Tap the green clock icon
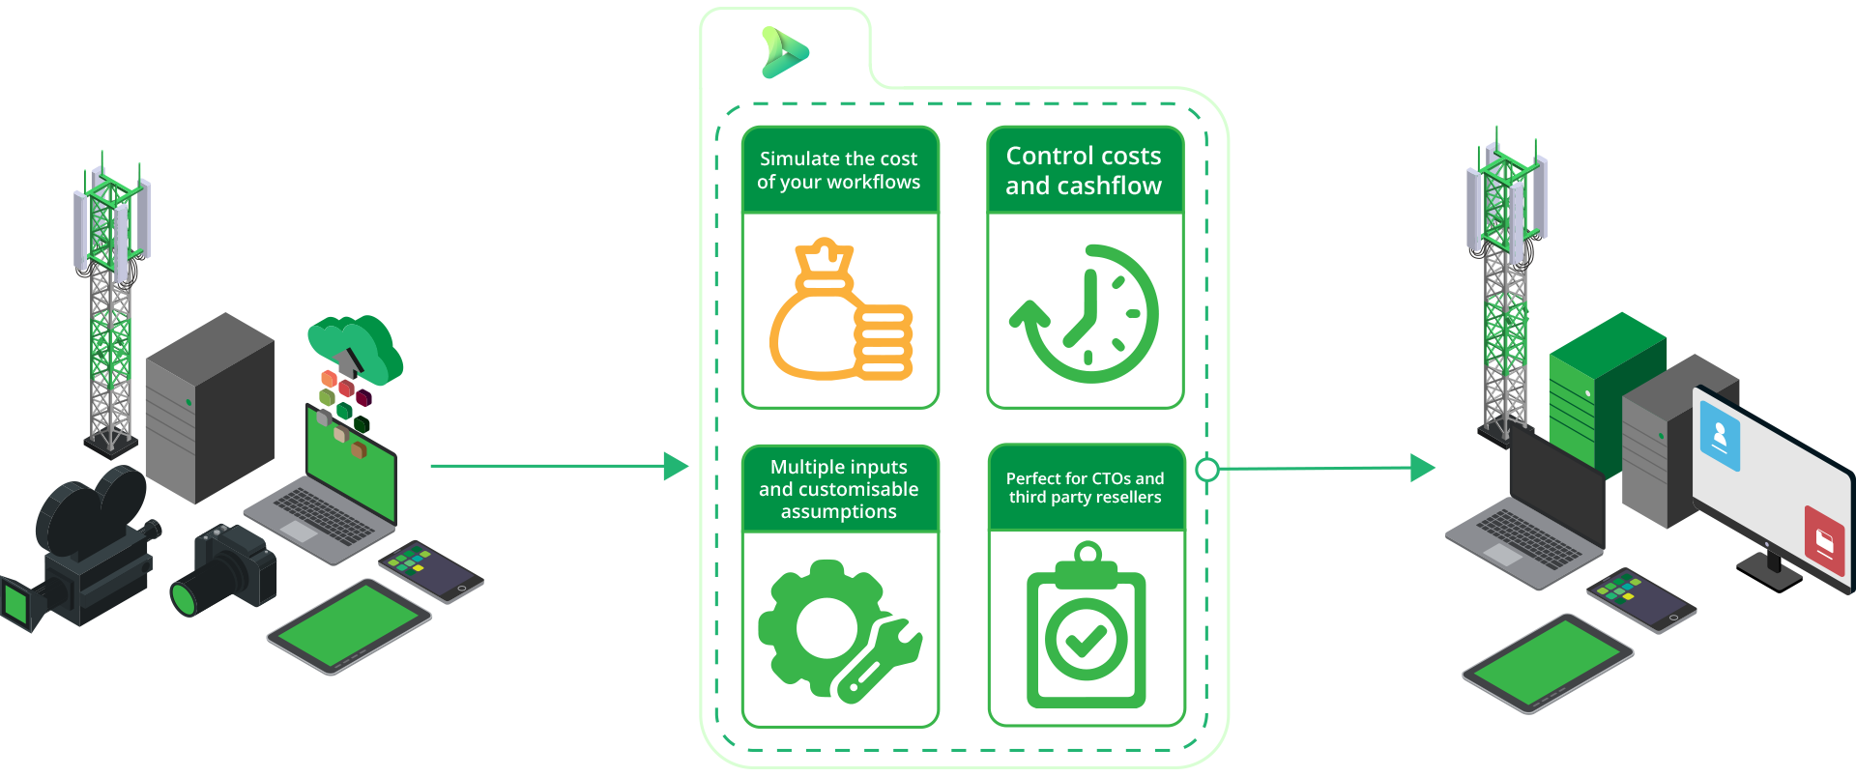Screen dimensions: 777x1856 [x=1085, y=313]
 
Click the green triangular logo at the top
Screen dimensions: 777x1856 [x=784, y=52]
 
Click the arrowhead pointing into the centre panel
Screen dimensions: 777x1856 [x=677, y=466]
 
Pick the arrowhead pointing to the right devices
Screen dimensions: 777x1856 [x=1423, y=468]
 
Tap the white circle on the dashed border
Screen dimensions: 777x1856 [x=1207, y=470]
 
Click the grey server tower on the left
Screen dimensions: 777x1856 [x=209, y=406]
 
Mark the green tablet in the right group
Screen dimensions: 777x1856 [x=1547, y=663]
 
